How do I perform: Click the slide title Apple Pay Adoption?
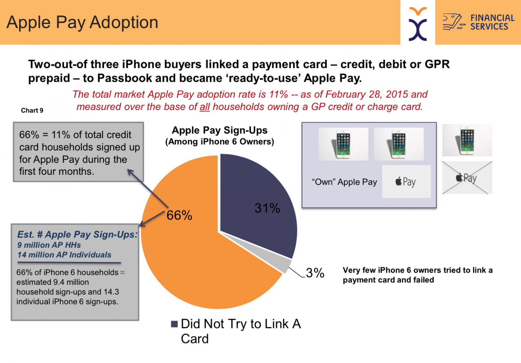click(x=82, y=22)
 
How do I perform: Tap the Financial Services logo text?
click(x=493, y=22)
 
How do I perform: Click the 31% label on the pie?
click(x=267, y=208)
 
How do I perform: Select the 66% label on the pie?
click(x=180, y=215)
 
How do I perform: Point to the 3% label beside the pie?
click(x=315, y=273)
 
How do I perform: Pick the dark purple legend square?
click(x=175, y=324)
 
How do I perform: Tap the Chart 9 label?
click(x=32, y=110)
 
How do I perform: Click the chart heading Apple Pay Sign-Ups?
click(x=219, y=130)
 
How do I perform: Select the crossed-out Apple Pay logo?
click(x=467, y=178)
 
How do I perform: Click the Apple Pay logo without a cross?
click(x=406, y=182)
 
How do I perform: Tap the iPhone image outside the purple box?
click(x=467, y=140)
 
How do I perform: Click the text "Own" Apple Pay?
click(x=344, y=182)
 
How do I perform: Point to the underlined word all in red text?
click(x=205, y=107)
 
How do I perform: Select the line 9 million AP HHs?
click(x=49, y=245)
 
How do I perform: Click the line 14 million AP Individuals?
click(x=64, y=255)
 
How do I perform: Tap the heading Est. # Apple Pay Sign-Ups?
click(x=77, y=235)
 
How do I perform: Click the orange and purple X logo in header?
click(x=418, y=24)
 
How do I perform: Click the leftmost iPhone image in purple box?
click(x=343, y=144)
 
